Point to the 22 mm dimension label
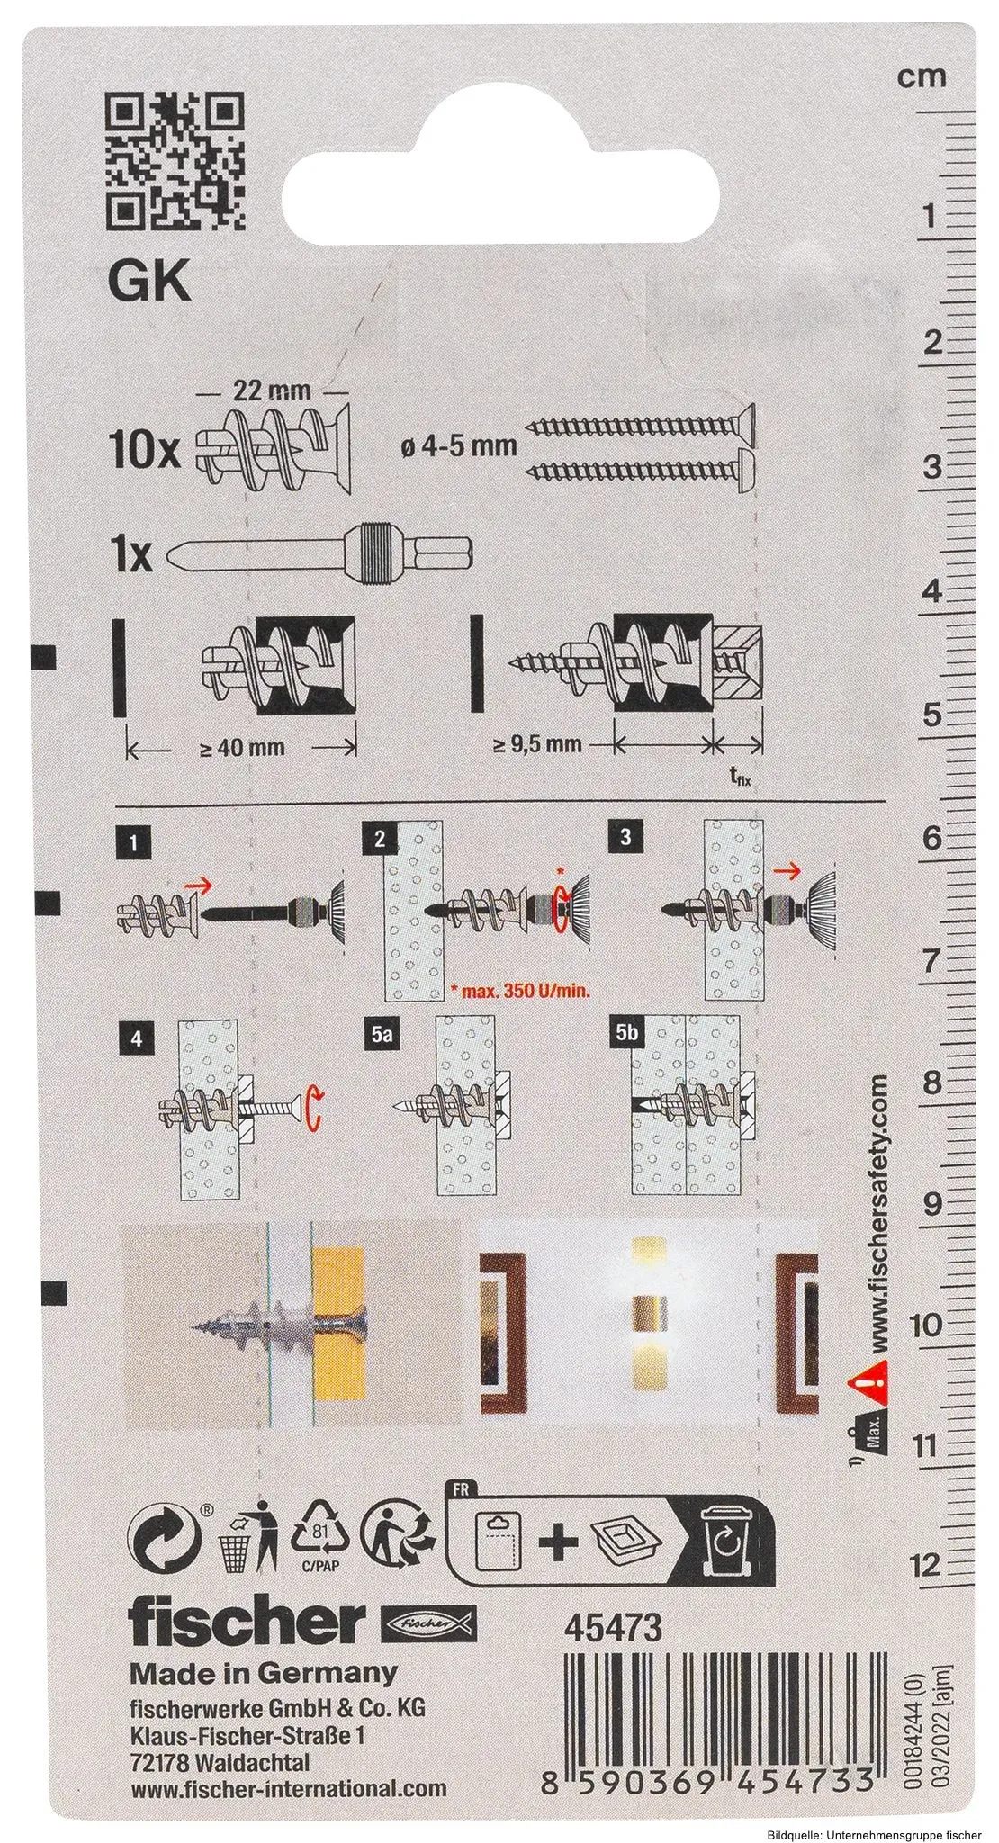(271, 391)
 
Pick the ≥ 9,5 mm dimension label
(537, 744)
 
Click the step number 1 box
(133, 844)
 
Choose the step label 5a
(382, 1037)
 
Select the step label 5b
(626, 1037)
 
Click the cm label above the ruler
(922, 76)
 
